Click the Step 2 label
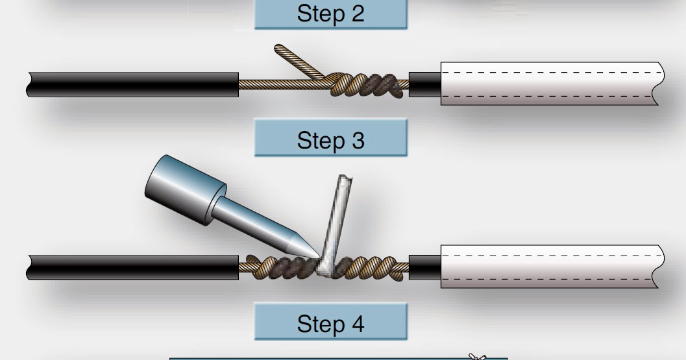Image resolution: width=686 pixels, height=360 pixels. click(x=330, y=14)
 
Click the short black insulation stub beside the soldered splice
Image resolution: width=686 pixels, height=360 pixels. click(x=425, y=266)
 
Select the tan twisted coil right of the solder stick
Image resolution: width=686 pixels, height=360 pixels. click(x=376, y=266)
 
